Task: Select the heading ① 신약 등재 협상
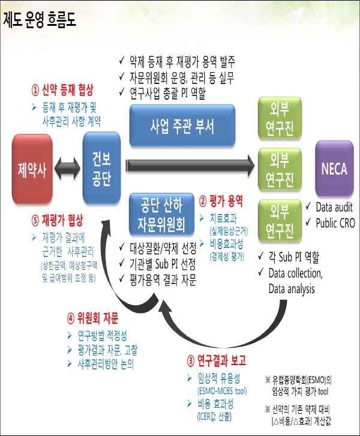point(63,91)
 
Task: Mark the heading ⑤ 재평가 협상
point(58,220)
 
